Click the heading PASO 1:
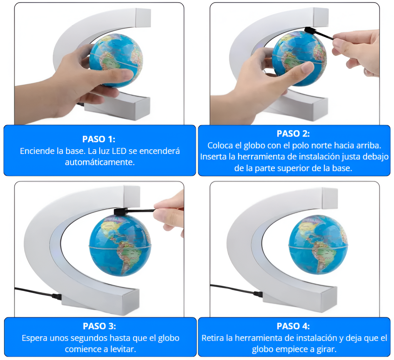point(99,139)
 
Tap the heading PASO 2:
point(293,133)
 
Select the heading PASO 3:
point(99,326)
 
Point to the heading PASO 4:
point(293,326)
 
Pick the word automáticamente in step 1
point(99,162)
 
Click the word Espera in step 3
point(34,338)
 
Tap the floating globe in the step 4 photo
point(318,244)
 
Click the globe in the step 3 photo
point(120,245)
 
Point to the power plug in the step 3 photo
point(57,296)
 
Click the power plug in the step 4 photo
point(258,294)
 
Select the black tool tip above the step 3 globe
point(121,211)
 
